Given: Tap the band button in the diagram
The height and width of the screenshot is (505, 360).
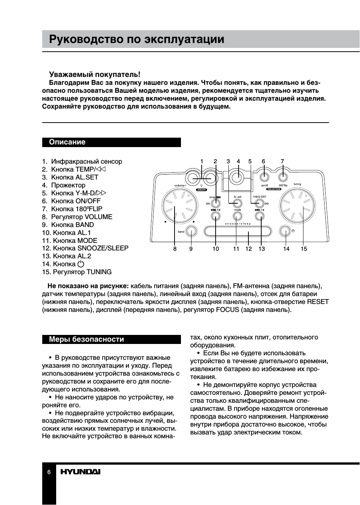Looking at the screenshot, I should point(191,231).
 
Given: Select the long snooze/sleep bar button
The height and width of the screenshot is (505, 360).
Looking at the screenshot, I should point(237,231).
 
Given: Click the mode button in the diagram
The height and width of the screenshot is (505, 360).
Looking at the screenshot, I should point(237,216).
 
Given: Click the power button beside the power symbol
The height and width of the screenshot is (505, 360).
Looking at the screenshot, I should point(285,231).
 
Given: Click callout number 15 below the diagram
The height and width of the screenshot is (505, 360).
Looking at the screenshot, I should point(304,249).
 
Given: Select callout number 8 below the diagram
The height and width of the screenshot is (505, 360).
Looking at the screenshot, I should point(175,249).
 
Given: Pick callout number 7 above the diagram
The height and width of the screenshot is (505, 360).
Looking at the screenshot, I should point(282,161).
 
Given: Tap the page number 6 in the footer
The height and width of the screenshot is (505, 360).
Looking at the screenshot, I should point(49,472).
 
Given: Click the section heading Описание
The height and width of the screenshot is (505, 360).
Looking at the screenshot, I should point(67,142).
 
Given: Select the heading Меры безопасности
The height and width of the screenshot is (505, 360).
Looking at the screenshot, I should point(86,339).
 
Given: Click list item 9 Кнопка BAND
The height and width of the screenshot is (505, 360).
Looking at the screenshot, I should point(68,225).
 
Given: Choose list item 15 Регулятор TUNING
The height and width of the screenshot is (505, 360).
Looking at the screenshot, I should point(77,272).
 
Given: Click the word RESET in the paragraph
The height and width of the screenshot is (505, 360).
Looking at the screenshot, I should point(318,302).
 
